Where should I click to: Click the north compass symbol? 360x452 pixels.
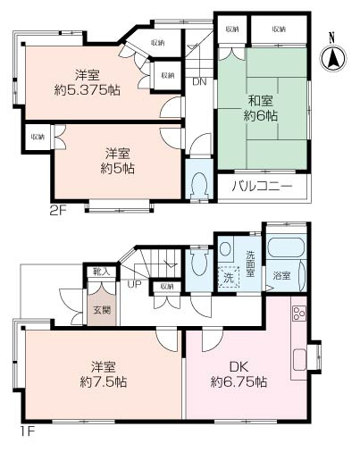coord(333,55)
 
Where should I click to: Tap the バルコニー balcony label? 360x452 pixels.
coord(263,187)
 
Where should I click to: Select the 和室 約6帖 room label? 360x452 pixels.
coord(261,108)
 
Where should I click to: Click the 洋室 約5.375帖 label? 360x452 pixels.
coord(88,82)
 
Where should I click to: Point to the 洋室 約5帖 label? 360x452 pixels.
coord(117,161)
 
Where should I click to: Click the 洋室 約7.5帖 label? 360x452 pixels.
coord(104,374)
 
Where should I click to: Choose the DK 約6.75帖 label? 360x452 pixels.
coord(239,374)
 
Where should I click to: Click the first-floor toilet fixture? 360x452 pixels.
coord(199,262)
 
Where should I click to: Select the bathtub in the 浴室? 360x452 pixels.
coord(286,247)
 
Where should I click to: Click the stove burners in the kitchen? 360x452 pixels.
coord(299,314)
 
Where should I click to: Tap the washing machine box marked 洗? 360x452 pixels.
coord(229,278)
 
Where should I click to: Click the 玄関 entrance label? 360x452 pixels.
coord(102,310)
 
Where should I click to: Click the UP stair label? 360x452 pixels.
coord(135,284)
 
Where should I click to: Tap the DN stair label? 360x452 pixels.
coord(199,81)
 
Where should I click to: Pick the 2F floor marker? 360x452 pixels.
coord(57,211)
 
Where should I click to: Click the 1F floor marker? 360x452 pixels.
coord(28,431)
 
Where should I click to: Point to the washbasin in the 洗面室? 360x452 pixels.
coord(225,248)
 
